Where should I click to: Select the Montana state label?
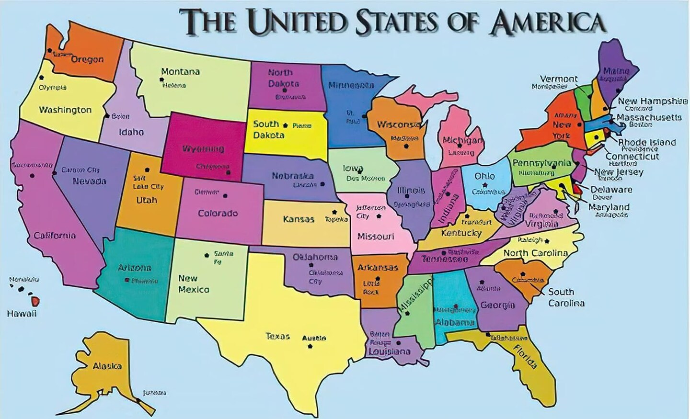tap(180, 72)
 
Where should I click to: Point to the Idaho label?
tap(131, 132)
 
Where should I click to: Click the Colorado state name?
tap(218, 213)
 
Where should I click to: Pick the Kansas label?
tap(299, 219)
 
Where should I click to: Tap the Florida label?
tap(525, 357)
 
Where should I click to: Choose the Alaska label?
tap(107, 366)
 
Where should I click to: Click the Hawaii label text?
tap(22, 314)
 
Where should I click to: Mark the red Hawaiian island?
tap(35, 301)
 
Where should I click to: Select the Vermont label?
tap(559, 79)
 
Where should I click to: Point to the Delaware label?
tap(611, 190)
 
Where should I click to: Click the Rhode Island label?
tap(646, 142)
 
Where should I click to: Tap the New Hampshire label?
tap(652, 101)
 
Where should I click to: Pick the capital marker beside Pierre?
tap(286, 125)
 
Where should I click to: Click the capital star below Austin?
tap(310, 346)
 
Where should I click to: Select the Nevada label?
tap(90, 181)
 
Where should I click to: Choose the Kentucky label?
tap(461, 233)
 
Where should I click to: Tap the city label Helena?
tap(174, 85)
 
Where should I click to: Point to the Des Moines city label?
tap(366, 179)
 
